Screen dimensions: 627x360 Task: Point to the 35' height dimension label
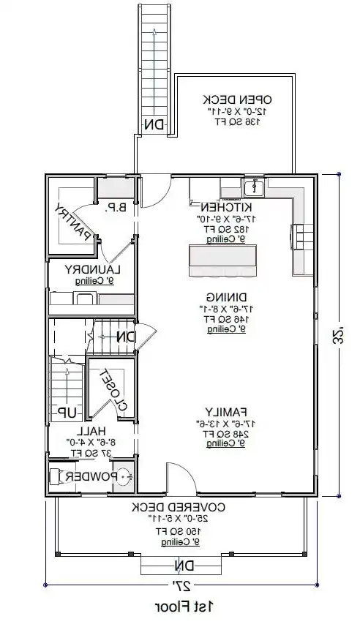(x=338, y=337)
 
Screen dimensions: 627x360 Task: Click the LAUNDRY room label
(x=92, y=269)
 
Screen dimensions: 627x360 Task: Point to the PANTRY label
(x=75, y=221)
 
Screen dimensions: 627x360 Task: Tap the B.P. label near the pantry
(x=116, y=208)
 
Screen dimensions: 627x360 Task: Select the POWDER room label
(x=89, y=477)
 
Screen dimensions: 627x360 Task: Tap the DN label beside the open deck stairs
(x=153, y=124)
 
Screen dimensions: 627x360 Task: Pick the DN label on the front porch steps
(x=180, y=566)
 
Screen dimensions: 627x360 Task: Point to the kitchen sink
(x=254, y=188)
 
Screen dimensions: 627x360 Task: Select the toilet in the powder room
(x=122, y=477)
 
